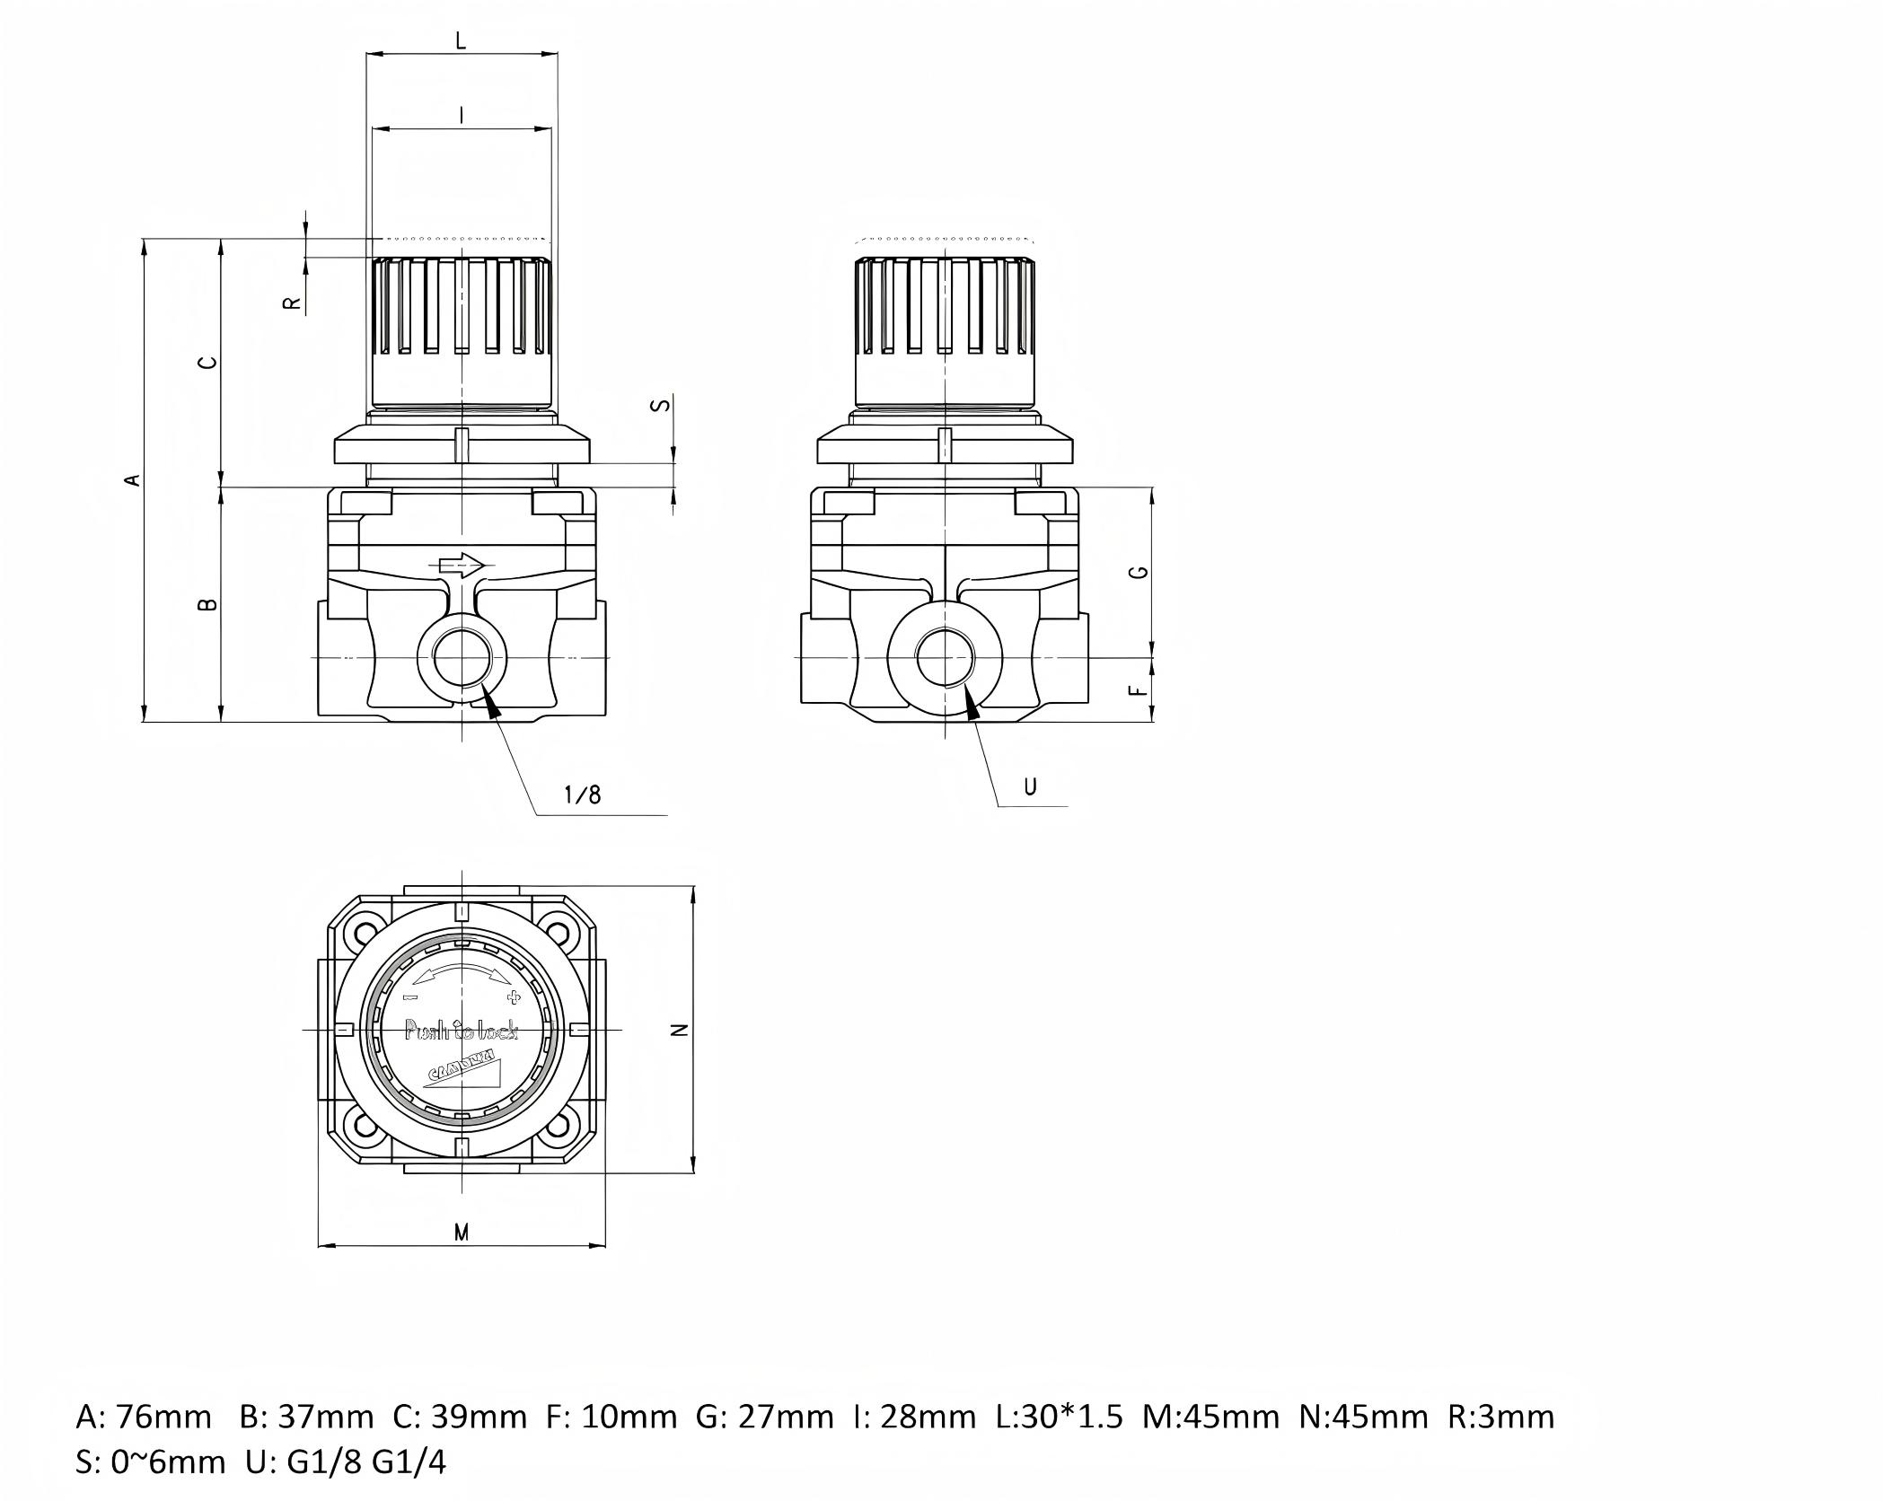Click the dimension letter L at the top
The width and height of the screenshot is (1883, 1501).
click(461, 39)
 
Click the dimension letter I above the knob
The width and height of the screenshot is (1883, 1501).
click(461, 115)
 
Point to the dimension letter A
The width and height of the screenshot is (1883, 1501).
click(133, 479)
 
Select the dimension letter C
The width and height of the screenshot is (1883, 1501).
click(207, 363)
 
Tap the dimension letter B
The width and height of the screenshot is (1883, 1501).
click(207, 604)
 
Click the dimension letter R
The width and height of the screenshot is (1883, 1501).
click(292, 303)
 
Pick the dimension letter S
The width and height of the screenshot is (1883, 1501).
click(662, 405)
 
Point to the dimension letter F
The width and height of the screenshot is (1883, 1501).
click(1139, 690)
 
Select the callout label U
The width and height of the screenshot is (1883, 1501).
click(1030, 786)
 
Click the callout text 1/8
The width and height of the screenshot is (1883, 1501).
click(582, 794)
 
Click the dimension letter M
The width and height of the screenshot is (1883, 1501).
click(461, 1233)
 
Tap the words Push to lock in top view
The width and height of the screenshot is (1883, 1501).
click(462, 1031)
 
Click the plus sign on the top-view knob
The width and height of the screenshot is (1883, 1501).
click(515, 997)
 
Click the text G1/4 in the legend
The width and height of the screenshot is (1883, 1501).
click(409, 1462)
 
